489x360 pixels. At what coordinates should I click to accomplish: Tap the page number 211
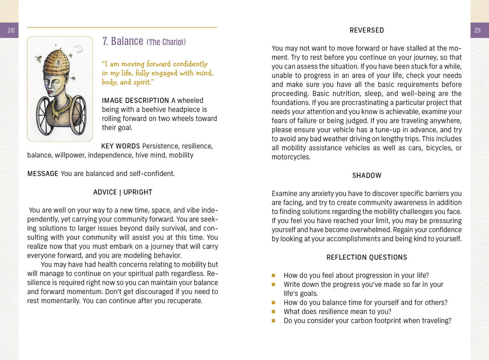(477, 31)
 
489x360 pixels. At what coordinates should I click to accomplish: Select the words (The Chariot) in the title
(166, 42)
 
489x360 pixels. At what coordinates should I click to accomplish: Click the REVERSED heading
(367, 30)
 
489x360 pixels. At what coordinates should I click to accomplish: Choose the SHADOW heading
(367, 175)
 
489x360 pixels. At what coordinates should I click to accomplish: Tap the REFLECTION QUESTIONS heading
(367, 258)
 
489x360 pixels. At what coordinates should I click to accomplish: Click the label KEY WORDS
(121, 147)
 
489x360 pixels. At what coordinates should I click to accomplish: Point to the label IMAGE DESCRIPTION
(135, 100)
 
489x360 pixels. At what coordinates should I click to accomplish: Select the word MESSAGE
(43, 174)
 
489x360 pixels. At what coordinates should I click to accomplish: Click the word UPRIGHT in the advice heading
(138, 192)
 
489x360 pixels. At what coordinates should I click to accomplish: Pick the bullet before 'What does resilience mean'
(273, 312)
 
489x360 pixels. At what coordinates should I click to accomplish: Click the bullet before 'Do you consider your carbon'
(273, 321)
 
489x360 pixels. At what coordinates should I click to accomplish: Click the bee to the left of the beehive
(39, 59)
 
